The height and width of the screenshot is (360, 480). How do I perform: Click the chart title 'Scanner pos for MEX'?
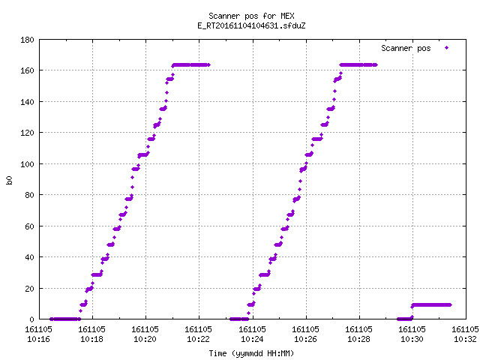251,16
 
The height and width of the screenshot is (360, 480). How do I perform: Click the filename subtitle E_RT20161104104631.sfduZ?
251,25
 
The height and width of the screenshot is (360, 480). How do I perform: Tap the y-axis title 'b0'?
9,180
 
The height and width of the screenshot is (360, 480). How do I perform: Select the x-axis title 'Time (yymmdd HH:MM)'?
251,353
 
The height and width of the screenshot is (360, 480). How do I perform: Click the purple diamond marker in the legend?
447,48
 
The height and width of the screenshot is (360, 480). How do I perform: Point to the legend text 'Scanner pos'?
406,48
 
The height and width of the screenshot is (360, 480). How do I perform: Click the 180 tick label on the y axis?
27,40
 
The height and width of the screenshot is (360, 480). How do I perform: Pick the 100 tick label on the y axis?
27,164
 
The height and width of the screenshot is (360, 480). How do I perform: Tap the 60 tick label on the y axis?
29,226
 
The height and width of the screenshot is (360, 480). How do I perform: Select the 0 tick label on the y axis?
31,319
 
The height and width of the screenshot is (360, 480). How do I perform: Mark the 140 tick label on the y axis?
27,102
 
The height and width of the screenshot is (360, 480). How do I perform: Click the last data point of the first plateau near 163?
208,65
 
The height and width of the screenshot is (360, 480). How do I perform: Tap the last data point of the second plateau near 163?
376,65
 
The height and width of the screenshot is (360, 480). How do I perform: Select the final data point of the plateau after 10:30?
450,305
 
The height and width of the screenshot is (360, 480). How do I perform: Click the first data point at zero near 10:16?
51,319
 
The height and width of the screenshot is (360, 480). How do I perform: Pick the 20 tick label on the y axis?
29,289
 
